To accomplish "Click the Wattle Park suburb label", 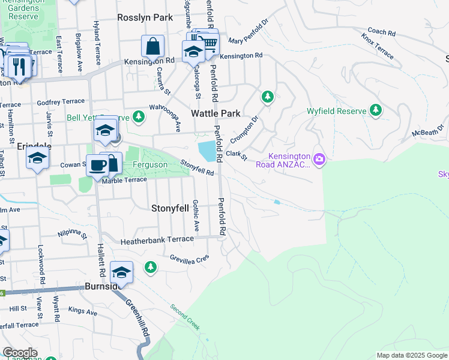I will point(215,113).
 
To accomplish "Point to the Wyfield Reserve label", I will point(336,111).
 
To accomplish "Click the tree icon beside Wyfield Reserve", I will point(376,110).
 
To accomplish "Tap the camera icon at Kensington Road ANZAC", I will point(319,158).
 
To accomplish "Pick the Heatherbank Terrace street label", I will point(157,239).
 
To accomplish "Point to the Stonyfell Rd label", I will point(197,167).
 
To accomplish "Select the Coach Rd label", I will point(381,31).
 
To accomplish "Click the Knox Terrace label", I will point(378,46).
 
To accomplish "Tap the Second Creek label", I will point(184,317).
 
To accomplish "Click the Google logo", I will point(20,353).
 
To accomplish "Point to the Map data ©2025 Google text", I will point(411,355).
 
